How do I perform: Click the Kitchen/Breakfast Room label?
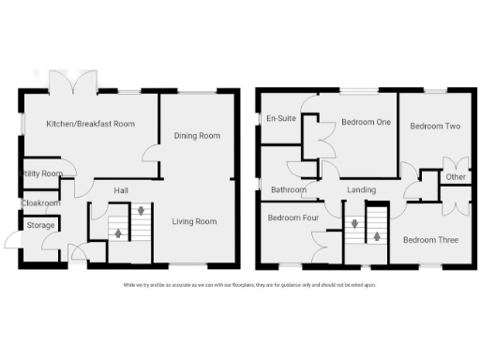pos(91,123)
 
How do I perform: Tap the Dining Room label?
pos(197,136)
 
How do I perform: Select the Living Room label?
pos(194,221)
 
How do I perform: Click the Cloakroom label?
pos(41,202)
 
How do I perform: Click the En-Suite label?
pos(281,119)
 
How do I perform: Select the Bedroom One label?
pos(366,121)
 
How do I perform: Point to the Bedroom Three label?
pos(430,240)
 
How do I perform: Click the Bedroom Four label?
pos(292,218)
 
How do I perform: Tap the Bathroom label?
pos(288,190)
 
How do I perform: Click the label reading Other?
pos(456,177)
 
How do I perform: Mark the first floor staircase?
pos(366,227)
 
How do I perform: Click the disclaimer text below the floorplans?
pos(248,284)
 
